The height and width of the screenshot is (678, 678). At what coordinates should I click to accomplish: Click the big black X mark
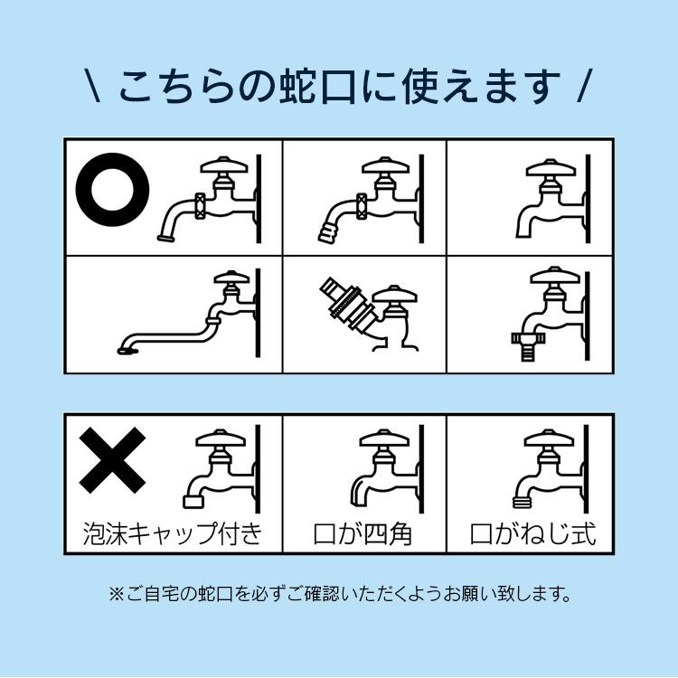[x=112, y=461]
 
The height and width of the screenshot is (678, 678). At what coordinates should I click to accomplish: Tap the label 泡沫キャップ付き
[x=172, y=532]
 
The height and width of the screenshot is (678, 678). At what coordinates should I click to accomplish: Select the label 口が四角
[x=363, y=532]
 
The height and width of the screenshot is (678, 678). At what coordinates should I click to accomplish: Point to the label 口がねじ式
[x=532, y=532]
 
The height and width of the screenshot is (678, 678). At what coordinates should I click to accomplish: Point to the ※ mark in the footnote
[x=116, y=594]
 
